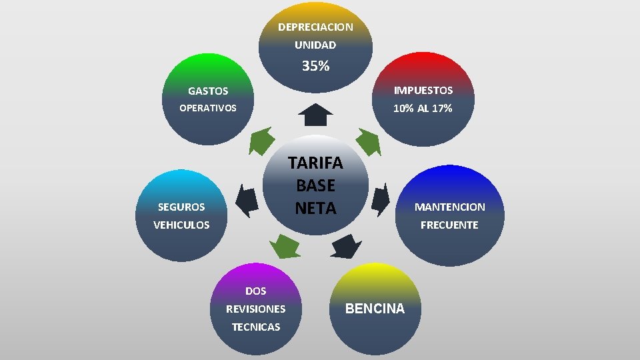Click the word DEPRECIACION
pyautogui.click(x=315, y=27)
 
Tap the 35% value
pyautogui.click(x=315, y=66)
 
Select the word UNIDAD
pyautogui.click(x=315, y=45)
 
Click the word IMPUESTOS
pyautogui.click(x=423, y=90)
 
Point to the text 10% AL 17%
pyautogui.click(x=423, y=108)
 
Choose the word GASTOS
pyautogui.click(x=208, y=91)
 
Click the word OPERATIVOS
pyautogui.click(x=208, y=108)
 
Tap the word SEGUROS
pyautogui.click(x=181, y=207)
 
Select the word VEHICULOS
pyautogui.click(x=181, y=225)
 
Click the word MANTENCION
pyautogui.click(x=449, y=207)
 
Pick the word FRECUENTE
pyautogui.click(x=449, y=225)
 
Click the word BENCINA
pyautogui.click(x=375, y=309)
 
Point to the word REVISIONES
pyautogui.click(x=255, y=309)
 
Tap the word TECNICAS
pyautogui.click(x=255, y=327)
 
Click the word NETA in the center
pyautogui.click(x=315, y=208)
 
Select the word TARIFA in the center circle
pyautogui.click(x=315, y=163)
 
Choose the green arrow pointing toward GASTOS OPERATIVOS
pyautogui.click(x=261, y=141)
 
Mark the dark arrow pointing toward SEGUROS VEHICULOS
pyautogui.click(x=248, y=200)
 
